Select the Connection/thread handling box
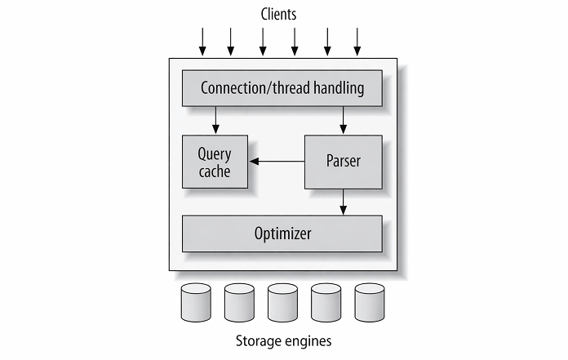[x=282, y=87]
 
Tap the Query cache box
[x=215, y=162]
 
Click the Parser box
[x=342, y=161]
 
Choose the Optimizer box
[x=282, y=233]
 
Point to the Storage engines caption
[x=282, y=339]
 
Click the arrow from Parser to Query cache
[x=277, y=162]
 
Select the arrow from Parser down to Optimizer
[x=343, y=200]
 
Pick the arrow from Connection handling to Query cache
[x=215, y=119]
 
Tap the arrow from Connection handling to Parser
[x=343, y=119]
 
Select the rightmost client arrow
[x=357, y=42]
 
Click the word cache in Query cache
[x=215, y=171]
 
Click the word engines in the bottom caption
[x=308, y=340]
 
